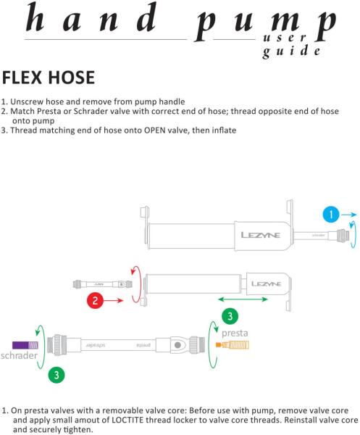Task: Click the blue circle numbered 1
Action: (x=331, y=215)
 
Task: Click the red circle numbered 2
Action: (x=95, y=300)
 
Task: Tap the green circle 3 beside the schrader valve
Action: (x=56, y=375)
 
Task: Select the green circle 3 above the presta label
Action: (x=230, y=316)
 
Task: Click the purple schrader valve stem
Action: (x=25, y=345)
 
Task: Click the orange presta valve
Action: (x=233, y=345)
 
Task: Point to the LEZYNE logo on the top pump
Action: (x=261, y=235)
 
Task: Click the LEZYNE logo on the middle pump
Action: (x=266, y=283)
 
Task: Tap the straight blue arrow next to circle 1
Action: (x=349, y=215)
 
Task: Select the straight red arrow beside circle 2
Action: (x=114, y=300)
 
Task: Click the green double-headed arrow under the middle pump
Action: (x=243, y=299)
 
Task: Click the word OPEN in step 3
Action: (x=154, y=130)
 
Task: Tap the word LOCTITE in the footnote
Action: (x=127, y=420)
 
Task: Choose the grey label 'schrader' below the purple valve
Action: (x=19, y=355)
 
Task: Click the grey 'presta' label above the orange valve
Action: (x=235, y=333)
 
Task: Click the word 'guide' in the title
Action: (x=291, y=51)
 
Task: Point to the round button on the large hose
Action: (x=178, y=345)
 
